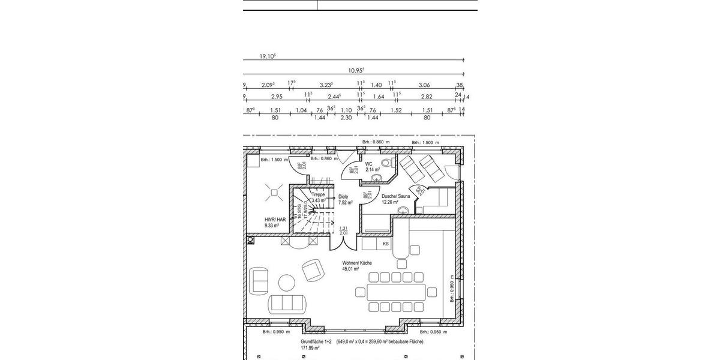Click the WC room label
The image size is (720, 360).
coord(369,163)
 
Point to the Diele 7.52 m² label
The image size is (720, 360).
coord(343,199)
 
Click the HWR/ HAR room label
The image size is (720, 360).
coord(275,220)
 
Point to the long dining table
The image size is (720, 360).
coord(397,292)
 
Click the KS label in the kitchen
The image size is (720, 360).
coord(386,244)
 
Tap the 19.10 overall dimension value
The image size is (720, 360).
coord(268,56)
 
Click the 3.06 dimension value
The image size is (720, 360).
coord(424,85)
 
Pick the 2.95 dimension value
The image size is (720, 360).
coord(277,97)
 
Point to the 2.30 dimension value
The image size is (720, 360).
coord(346,118)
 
